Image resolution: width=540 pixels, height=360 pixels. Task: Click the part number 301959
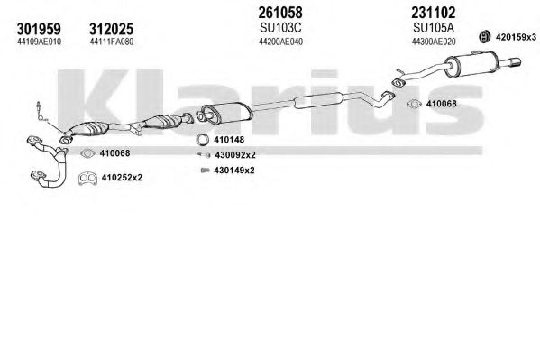tap(39, 29)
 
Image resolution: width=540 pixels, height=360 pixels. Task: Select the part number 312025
tap(111, 29)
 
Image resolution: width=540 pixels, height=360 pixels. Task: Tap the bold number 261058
tap(280, 13)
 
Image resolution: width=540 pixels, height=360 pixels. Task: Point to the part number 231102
tap(434, 13)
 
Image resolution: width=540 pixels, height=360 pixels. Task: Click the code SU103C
tap(280, 27)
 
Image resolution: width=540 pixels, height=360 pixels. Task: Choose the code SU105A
tap(434, 27)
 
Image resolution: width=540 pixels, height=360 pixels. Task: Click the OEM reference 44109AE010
tap(39, 42)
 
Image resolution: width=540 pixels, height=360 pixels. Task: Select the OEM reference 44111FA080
tap(111, 42)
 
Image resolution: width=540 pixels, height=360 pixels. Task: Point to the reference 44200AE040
tap(280, 42)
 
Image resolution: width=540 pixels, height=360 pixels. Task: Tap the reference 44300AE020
tap(434, 42)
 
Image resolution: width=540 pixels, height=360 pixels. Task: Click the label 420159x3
tap(516, 37)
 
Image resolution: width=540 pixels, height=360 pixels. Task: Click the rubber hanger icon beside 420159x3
tap(484, 37)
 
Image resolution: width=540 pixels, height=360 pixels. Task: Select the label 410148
tap(229, 140)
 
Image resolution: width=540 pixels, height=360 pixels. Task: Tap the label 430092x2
tap(235, 155)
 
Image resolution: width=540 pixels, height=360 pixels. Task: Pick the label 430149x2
tap(234, 171)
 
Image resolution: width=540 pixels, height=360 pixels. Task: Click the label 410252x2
tap(122, 178)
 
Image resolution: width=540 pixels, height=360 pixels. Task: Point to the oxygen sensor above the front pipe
tap(41, 111)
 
